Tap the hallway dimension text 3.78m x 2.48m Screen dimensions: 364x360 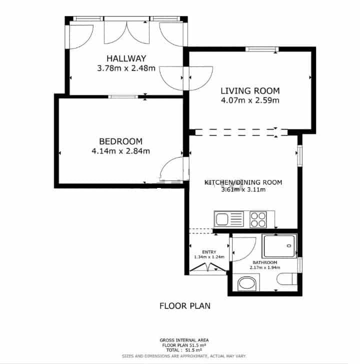pyautogui.click(x=126, y=67)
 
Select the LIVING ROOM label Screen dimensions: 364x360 pyautogui.click(x=250, y=91)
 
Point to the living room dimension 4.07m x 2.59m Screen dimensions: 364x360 pyautogui.click(x=250, y=100)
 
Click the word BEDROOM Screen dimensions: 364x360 pyautogui.click(x=120, y=141)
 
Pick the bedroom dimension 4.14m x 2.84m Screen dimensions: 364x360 pyautogui.click(x=120, y=150)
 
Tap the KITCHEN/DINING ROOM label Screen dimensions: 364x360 pyautogui.click(x=243, y=182)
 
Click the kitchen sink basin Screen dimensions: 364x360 pyautogui.click(x=222, y=218)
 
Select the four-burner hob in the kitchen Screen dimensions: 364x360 pyautogui.click(x=258, y=218)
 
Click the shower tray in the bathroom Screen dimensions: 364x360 pyautogui.click(x=280, y=245)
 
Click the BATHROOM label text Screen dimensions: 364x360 pyautogui.click(x=264, y=262)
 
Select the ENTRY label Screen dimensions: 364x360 pyautogui.click(x=209, y=252)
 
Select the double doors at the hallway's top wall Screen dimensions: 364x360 pyautogui.click(x=127, y=31)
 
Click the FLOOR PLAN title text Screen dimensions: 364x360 pyautogui.click(x=184, y=305)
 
